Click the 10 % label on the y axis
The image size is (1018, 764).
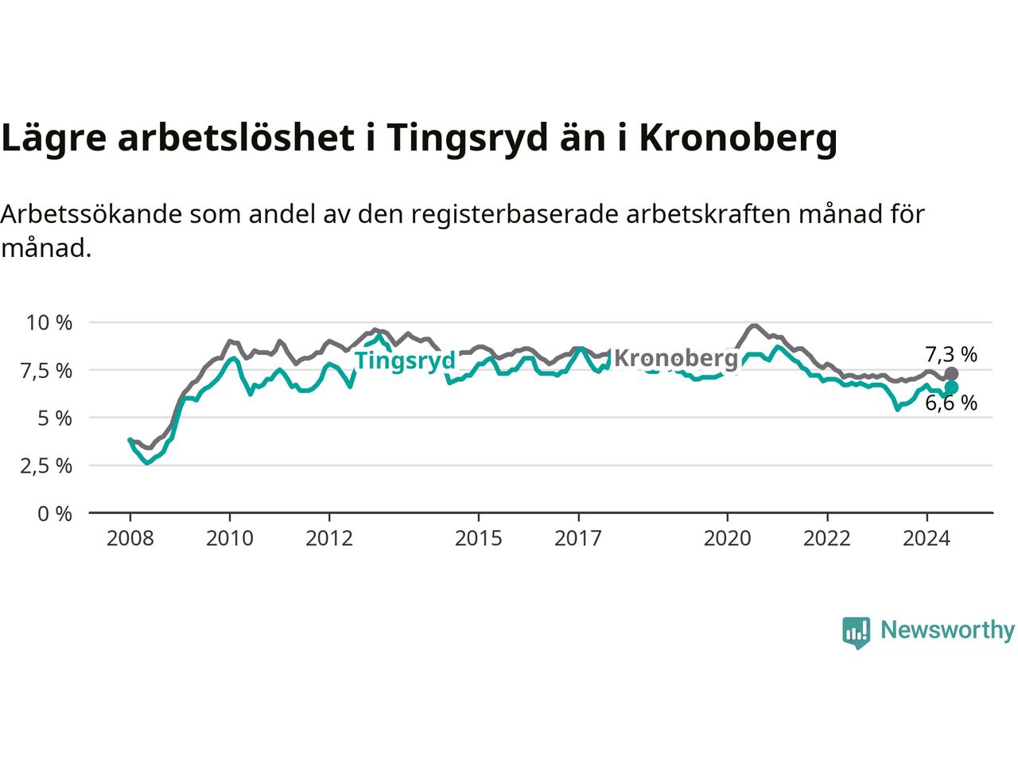[x=49, y=323]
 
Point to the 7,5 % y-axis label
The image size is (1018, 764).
[x=46, y=371]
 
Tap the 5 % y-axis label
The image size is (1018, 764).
[x=55, y=419]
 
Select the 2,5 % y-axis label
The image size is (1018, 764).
[x=46, y=466]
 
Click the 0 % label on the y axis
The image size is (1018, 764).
[x=55, y=514]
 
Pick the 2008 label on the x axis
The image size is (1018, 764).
[x=130, y=539]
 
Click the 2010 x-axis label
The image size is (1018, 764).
[x=230, y=539]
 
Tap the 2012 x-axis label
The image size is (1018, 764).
[x=329, y=539]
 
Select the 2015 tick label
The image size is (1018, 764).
[x=479, y=539]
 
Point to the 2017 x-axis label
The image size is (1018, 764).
[x=578, y=539]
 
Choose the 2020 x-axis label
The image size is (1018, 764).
[x=728, y=539]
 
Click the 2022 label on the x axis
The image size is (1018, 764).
[x=827, y=539]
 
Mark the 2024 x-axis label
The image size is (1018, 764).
[x=927, y=539]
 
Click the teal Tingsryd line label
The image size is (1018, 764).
[x=405, y=361]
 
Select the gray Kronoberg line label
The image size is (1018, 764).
[x=676, y=359]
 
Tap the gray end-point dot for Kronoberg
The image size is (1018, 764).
[x=951, y=373]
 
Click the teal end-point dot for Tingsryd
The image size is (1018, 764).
[x=951, y=388]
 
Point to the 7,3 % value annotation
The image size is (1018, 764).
[x=951, y=355]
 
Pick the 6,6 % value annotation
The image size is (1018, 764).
[x=951, y=403]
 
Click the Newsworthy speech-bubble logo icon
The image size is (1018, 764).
[x=856, y=633]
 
